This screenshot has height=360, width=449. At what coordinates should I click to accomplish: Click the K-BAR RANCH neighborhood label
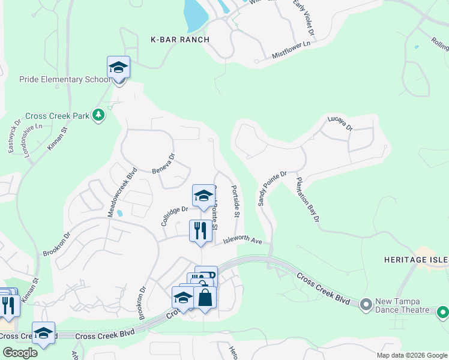[x=180, y=40]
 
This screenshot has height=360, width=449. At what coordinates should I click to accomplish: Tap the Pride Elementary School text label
[x=65, y=79]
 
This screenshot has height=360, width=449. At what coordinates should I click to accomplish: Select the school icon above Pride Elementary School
[x=119, y=68]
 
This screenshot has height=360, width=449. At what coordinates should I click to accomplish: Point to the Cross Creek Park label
[x=57, y=116]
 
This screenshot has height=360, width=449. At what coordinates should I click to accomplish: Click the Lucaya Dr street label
[x=340, y=123]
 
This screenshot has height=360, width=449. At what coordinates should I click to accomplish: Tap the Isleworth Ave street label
[x=243, y=241]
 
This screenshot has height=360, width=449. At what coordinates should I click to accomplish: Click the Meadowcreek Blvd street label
[x=122, y=191]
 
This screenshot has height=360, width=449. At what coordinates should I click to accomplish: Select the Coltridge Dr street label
[x=174, y=214]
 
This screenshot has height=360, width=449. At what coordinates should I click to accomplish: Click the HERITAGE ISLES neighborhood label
[x=417, y=259]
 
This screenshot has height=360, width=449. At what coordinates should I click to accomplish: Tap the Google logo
[x=20, y=353]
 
